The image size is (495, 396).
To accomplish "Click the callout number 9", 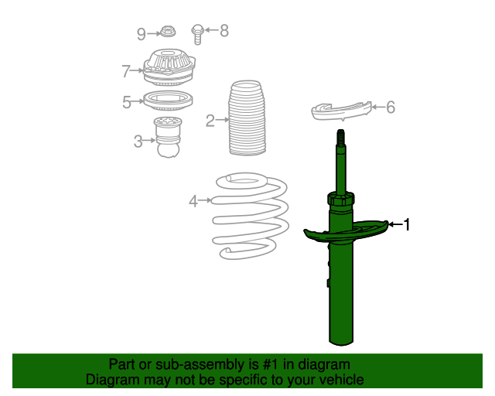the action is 141,34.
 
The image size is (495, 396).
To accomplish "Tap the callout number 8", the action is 224,31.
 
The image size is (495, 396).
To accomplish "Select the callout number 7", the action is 125,71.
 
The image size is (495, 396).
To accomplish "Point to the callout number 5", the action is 127,102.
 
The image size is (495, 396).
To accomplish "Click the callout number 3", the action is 138,142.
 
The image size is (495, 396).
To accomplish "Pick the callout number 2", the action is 210,121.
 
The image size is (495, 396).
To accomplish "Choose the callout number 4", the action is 193,201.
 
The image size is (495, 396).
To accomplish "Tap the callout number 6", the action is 391,108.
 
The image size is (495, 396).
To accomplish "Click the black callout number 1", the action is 407,225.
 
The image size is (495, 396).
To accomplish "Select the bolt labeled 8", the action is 198,35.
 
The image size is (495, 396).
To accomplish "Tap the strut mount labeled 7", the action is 169,67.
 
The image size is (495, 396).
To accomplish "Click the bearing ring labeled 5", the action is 168,101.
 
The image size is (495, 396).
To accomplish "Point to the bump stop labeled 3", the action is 168,137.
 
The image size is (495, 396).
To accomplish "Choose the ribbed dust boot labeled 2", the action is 247,118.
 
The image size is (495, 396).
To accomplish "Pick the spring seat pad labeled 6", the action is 342,111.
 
